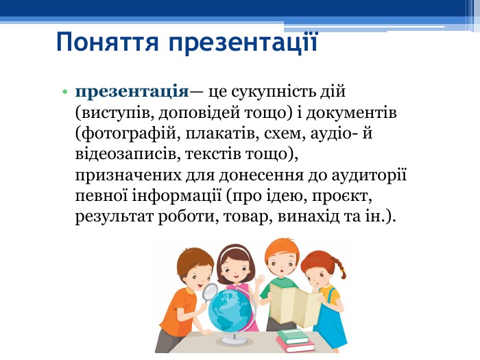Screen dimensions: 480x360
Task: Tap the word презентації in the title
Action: tap(243, 43)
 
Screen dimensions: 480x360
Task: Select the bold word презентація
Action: tap(132, 92)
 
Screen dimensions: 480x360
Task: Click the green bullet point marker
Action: tap(64, 91)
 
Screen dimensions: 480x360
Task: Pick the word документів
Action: tap(351, 112)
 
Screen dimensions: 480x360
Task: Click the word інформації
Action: tap(177, 196)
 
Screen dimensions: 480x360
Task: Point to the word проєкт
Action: tap(342, 197)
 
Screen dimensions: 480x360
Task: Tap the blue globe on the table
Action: tap(230, 309)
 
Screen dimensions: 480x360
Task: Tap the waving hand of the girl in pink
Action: tap(260, 280)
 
